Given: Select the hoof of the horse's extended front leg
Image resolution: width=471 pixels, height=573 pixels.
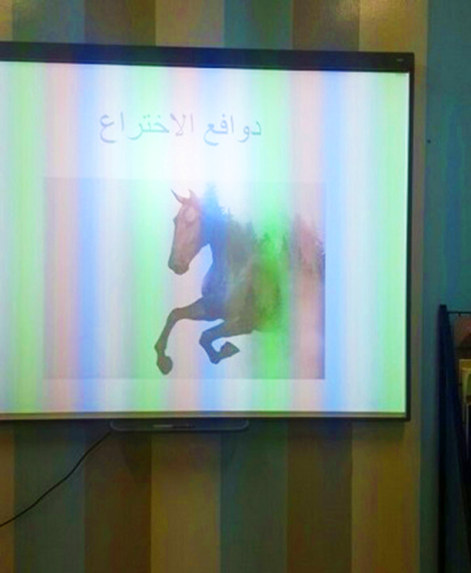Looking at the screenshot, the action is click(165, 364).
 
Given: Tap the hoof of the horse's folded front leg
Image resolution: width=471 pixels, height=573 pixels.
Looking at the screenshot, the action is click(228, 350).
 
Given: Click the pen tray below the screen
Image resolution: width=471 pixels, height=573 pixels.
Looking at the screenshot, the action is click(179, 425).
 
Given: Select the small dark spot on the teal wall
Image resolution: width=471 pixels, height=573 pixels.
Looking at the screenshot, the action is click(429, 141).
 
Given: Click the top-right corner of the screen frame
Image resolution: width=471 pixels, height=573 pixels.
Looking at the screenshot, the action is click(414, 54).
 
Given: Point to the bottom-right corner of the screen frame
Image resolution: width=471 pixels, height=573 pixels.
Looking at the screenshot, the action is click(409, 420).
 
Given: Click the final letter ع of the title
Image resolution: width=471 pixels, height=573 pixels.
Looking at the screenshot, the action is click(107, 133).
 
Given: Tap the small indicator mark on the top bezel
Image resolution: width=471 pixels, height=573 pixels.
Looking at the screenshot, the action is click(399, 60).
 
